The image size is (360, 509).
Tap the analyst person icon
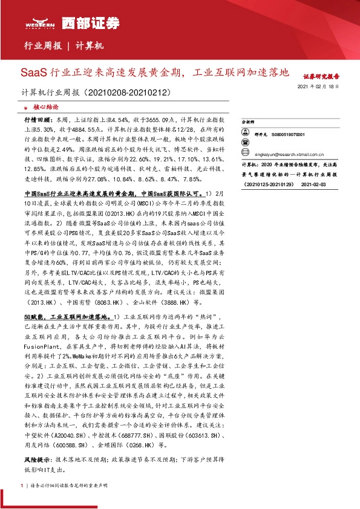tap(244, 134)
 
